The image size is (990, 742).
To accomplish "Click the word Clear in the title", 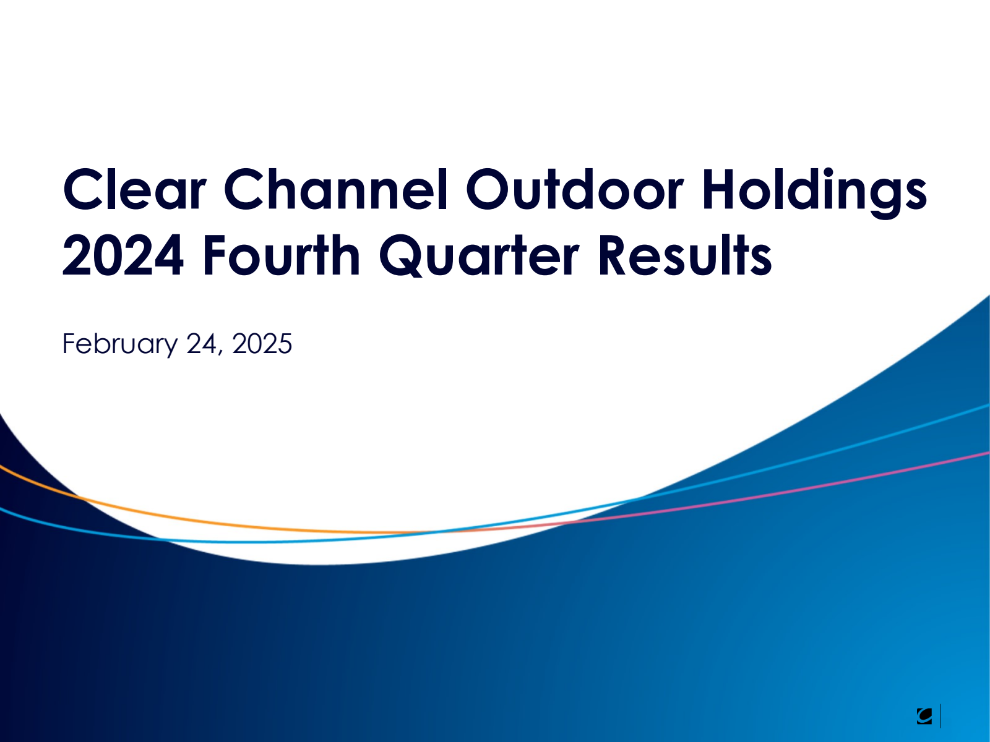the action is point(134,190).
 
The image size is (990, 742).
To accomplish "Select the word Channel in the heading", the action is point(336,190).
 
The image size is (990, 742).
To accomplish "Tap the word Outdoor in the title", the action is point(575,190).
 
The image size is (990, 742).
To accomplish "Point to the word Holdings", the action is point(814,194).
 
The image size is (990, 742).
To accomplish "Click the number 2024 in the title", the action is point(123,255).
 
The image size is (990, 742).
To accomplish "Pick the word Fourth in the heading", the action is point(282,255).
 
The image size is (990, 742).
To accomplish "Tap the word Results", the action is point(685,255).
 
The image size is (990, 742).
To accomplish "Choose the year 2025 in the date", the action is point(262,344).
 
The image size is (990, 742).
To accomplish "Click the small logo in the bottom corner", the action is point(924,716).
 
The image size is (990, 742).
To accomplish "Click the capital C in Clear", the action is point(84,190).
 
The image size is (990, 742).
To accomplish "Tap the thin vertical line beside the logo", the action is point(941,716).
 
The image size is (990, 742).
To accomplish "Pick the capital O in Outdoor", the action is point(489,190).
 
